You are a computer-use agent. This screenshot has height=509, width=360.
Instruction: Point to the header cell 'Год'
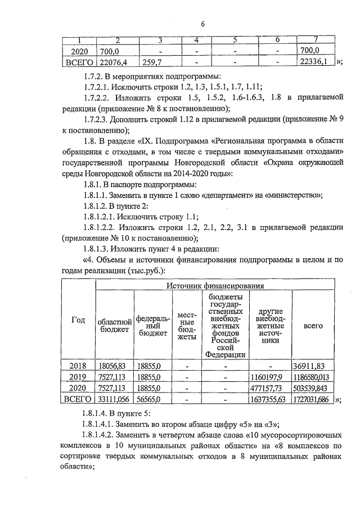pos(78,320)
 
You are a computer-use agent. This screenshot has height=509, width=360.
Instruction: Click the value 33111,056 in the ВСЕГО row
pos(114,400)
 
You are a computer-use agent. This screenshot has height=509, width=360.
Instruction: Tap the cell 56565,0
pos(150,400)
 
